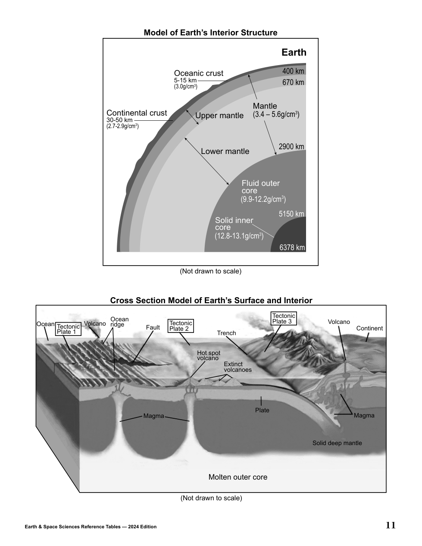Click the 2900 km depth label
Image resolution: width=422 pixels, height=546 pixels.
(x=291, y=147)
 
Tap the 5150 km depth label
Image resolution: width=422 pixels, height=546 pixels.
(x=291, y=214)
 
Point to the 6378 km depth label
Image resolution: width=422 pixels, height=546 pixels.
(x=292, y=248)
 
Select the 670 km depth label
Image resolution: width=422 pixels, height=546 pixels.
(x=293, y=82)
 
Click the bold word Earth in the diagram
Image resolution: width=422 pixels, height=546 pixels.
(x=294, y=52)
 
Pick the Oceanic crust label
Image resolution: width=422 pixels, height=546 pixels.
(x=198, y=73)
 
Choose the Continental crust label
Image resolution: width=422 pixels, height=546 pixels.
(x=137, y=113)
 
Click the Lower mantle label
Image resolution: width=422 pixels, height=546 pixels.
(x=225, y=151)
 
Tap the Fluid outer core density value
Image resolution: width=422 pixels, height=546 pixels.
(x=263, y=199)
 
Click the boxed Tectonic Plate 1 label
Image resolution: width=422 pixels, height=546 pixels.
(x=68, y=329)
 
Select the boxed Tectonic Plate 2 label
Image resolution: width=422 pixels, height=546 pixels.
(x=181, y=326)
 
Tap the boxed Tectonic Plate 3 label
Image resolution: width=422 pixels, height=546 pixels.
(x=284, y=318)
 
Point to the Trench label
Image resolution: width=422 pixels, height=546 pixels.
(x=226, y=333)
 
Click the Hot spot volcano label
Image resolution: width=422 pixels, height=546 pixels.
(x=208, y=355)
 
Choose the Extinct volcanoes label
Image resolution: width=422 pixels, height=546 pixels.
(x=238, y=367)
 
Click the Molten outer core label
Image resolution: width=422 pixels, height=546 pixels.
(x=238, y=477)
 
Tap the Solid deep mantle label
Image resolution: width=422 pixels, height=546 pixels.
(x=337, y=443)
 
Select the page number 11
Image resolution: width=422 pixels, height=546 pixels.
(x=391, y=525)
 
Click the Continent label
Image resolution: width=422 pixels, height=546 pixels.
(x=369, y=328)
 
